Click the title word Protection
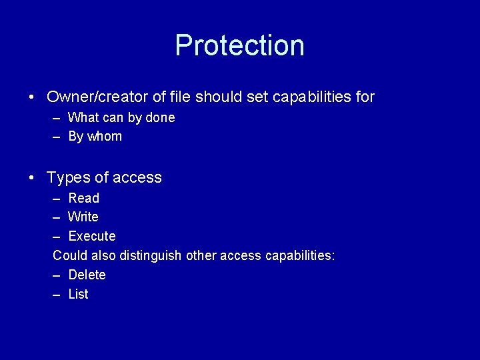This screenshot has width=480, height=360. pyautogui.click(x=239, y=45)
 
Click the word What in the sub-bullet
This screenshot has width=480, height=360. pyautogui.click(x=83, y=118)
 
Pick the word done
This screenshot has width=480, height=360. pyautogui.click(x=159, y=118)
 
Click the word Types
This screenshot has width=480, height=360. pyautogui.click(x=67, y=178)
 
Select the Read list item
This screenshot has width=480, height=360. pyautogui.click(x=83, y=198)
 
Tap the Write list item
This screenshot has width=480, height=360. pyautogui.click(x=83, y=217)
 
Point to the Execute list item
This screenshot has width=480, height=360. pyautogui.click(x=92, y=237)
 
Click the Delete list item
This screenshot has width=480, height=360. pyautogui.click(x=87, y=275)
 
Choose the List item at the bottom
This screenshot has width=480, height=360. pyautogui.click(x=78, y=295)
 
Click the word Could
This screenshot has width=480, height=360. pyautogui.click(x=69, y=256)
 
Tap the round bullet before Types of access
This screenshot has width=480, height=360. pyautogui.click(x=32, y=178)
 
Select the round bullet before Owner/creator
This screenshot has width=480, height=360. pyautogui.click(x=32, y=97)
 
